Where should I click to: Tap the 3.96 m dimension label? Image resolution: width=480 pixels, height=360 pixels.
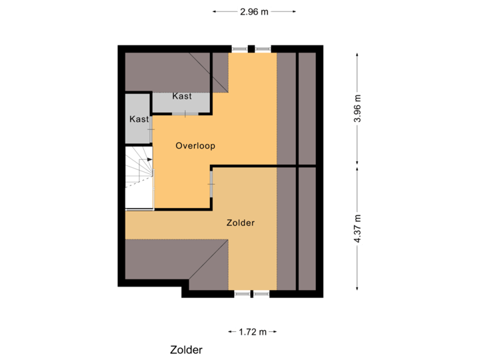tap(357, 109)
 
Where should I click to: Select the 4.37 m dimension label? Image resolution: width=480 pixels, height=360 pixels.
tap(357, 229)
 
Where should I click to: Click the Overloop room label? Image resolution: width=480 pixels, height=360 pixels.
tap(195, 145)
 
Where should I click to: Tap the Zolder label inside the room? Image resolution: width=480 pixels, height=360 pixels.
tap(241, 223)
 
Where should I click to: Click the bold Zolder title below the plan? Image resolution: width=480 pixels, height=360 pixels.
tap(186, 350)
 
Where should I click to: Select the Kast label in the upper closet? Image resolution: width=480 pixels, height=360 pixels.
tap(182, 96)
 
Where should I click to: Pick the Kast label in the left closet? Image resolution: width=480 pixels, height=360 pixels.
tap(139, 119)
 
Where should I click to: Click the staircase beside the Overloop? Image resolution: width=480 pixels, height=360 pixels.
tap(139, 167)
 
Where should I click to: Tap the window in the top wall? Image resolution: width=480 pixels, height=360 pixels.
tap(252, 48)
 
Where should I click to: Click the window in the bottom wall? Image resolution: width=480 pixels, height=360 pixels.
tap(252, 294)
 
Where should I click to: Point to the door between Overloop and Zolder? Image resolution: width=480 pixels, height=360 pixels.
tap(211, 183)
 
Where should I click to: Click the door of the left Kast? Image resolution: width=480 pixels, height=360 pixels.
tap(152, 129)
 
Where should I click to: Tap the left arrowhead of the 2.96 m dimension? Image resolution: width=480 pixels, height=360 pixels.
tap(215, 11)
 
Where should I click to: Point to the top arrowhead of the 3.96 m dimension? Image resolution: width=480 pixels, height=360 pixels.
tap(357, 55)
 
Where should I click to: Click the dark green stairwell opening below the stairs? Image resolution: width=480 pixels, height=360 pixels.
tap(139, 197)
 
